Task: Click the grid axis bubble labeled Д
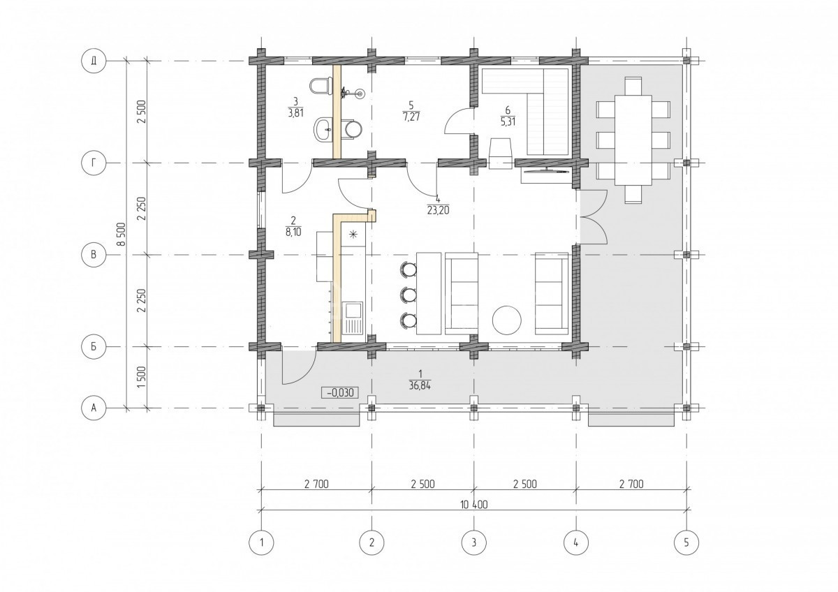(x=94, y=61)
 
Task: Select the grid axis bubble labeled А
(x=94, y=407)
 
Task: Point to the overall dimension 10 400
(x=474, y=505)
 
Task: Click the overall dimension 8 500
(x=120, y=235)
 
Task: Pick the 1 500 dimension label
(x=141, y=377)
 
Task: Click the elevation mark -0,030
(x=340, y=392)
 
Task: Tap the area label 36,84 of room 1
(x=420, y=385)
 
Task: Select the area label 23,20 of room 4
(x=438, y=211)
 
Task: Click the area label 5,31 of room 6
(x=508, y=121)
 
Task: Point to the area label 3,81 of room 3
(x=295, y=113)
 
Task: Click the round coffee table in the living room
(x=506, y=321)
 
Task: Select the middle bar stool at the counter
(x=408, y=295)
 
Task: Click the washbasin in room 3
(x=323, y=129)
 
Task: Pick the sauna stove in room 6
(x=499, y=154)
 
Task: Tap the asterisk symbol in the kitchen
(x=353, y=235)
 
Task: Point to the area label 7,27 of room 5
(x=411, y=117)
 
